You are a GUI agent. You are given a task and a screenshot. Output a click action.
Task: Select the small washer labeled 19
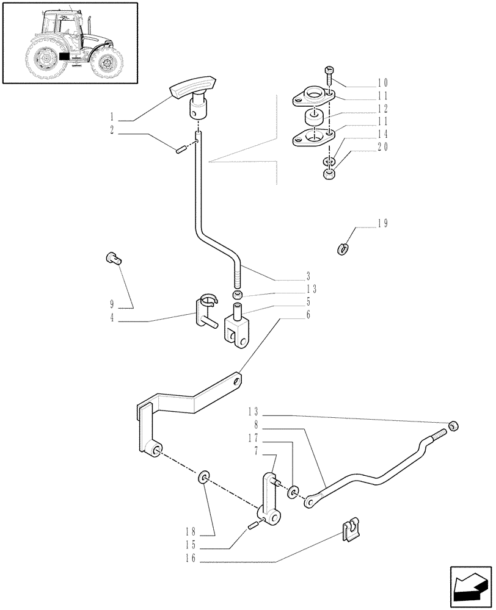point(343,248)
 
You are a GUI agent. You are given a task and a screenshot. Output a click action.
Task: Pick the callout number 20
point(383,146)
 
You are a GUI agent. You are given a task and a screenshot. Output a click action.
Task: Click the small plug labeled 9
point(113,258)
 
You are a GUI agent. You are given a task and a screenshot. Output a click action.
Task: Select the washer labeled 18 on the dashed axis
point(203,476)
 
